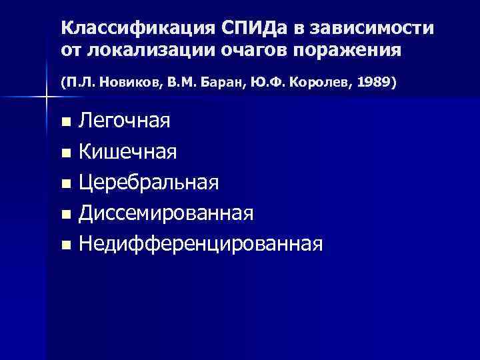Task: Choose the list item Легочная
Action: click(x=124, y=122)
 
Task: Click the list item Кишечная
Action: click(x=127, y=153)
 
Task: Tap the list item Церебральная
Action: click(x=148, y=183)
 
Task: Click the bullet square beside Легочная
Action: click(x=65, y=123)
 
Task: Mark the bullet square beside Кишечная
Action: click(x=65, y=153)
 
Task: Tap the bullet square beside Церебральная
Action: click(x=65, y=184)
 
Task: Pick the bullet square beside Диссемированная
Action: click(x=65, y=215)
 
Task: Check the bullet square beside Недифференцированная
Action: click(x=65, y=245)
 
